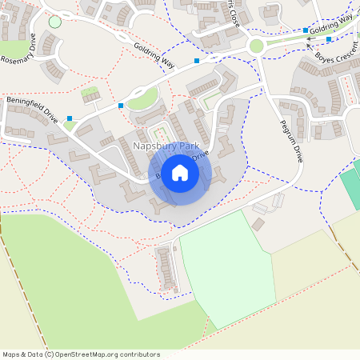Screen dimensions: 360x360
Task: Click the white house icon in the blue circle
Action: coord(180,173)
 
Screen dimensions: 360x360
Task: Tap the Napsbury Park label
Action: coord(165,146)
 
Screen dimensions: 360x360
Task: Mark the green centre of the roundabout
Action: coord(256,46)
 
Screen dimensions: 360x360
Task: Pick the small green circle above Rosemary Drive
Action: coord(54,22)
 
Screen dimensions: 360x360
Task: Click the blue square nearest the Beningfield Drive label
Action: coord(70,118)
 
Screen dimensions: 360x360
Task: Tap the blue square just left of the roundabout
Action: coord(197,60)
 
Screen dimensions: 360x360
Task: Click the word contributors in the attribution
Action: coord(141,354)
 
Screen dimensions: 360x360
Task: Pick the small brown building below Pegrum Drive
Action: coord(258,224)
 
